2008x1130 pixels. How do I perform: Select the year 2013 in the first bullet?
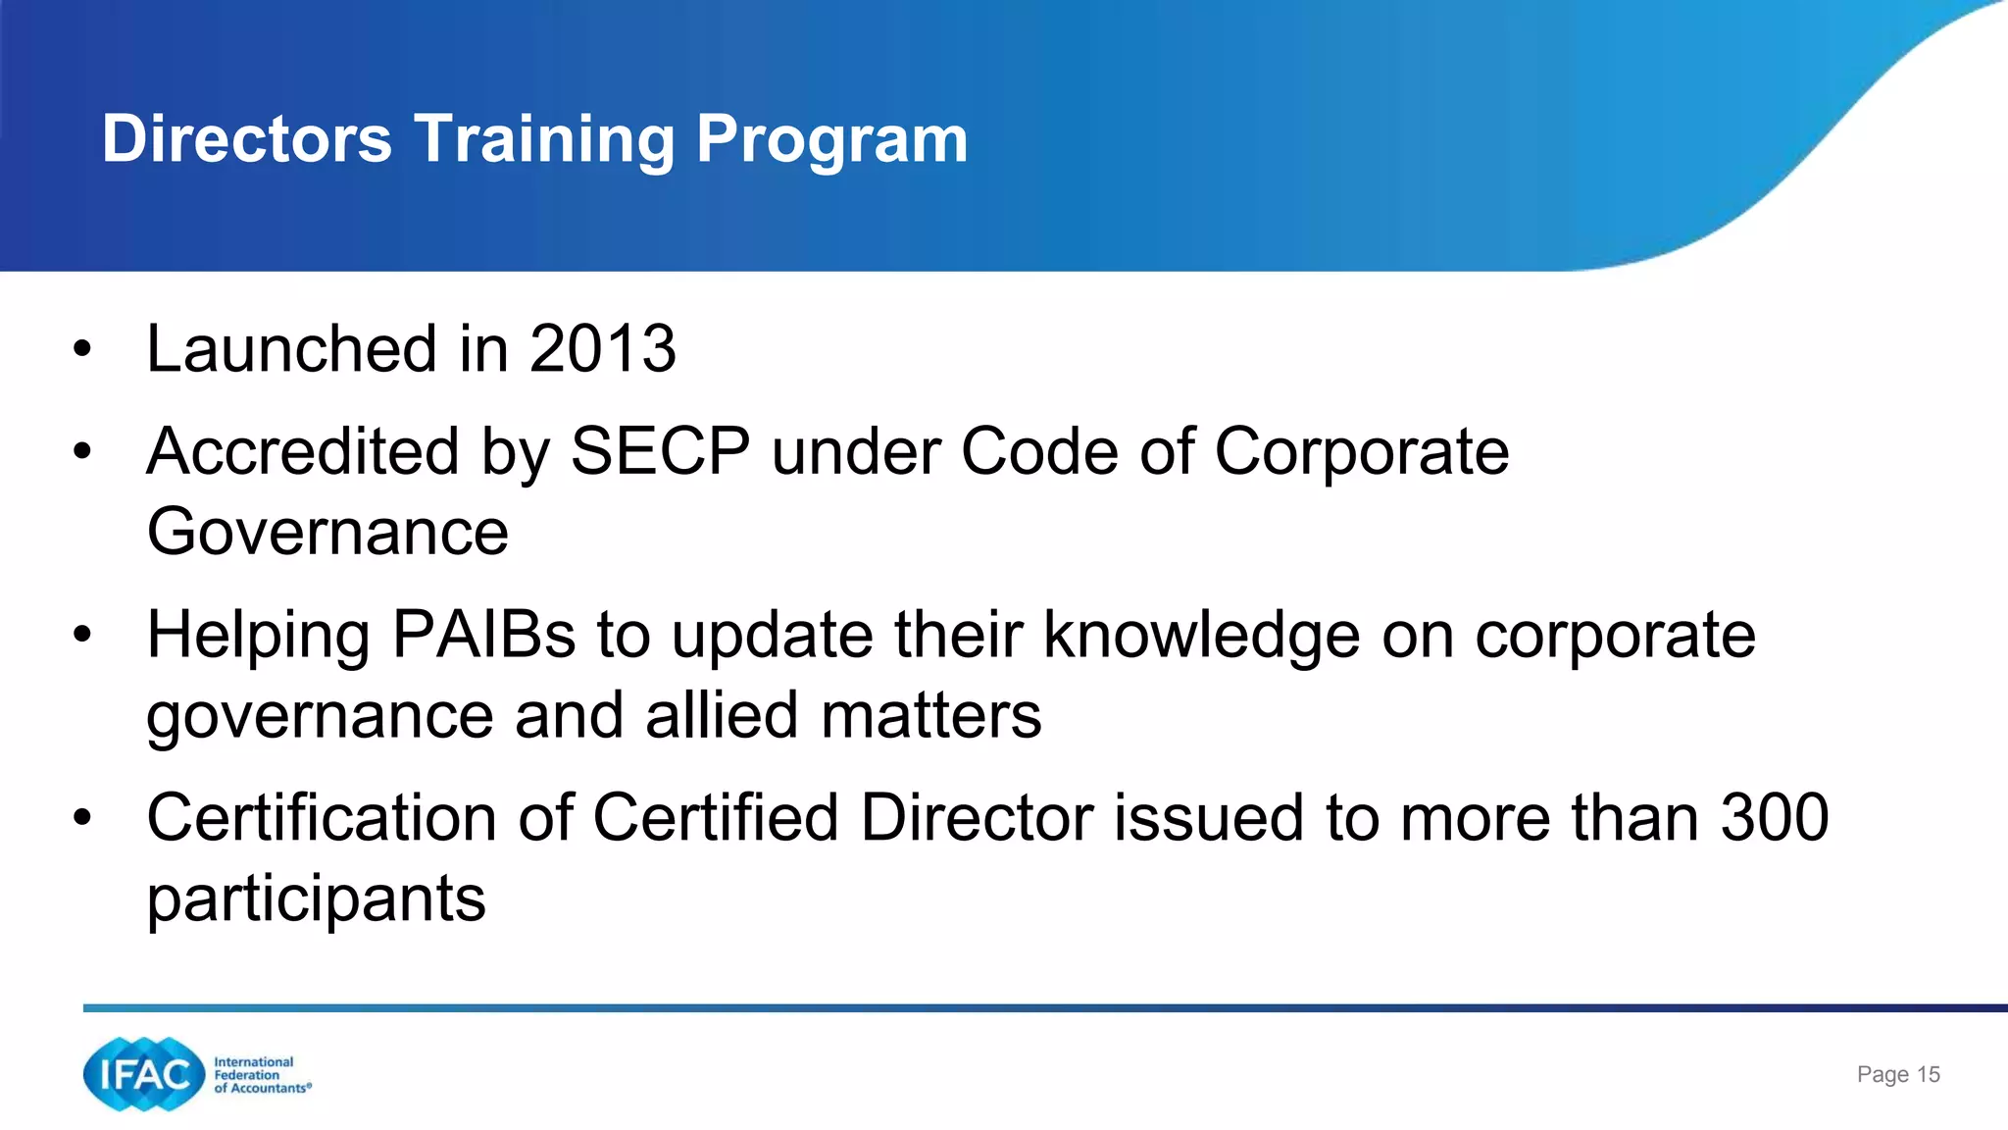[602, 348]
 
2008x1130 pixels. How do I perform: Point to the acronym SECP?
[660, 451]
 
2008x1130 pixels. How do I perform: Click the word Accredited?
[302, 451]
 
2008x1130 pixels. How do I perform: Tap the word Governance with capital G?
[327, 532]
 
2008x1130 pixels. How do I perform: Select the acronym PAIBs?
[483, 635]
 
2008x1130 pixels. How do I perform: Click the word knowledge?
[1201, 635]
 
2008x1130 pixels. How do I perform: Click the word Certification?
[322, 817]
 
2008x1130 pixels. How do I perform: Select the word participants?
[316, 899]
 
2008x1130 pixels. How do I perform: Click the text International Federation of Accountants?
[261, 1075]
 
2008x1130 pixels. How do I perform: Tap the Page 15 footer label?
[1898, 1075]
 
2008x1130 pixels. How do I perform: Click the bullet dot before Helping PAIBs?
[82, 635]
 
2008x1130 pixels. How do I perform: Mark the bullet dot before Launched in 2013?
[82, 348]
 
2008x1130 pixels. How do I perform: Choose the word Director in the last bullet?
[977, 817]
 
